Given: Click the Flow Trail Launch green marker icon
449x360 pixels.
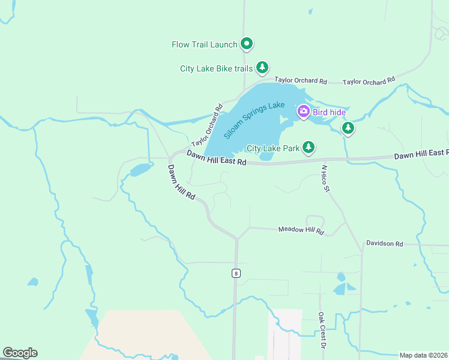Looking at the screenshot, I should coord(246,44).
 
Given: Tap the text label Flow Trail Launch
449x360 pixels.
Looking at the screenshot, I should coord(205,44).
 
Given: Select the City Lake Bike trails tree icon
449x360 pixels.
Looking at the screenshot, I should coord(262,68).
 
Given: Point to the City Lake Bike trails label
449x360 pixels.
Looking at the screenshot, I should coord(216,68).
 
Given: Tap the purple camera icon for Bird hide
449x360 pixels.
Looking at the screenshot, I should coord(303,111).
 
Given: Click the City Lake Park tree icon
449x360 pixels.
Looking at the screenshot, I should coord(309,147).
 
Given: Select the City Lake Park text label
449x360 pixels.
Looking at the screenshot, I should coord(273,148).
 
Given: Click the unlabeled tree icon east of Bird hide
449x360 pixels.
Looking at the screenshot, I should coord(348,127).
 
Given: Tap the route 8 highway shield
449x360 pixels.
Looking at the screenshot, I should coord(236,274).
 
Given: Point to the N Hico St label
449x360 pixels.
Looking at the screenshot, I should coord(326,179).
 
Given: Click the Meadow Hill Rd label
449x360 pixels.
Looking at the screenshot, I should coord(301,230).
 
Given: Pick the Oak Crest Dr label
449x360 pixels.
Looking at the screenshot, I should coord(322,330).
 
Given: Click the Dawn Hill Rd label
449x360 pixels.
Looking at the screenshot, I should coord(182,182).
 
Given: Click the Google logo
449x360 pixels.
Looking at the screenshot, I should coord(20,353).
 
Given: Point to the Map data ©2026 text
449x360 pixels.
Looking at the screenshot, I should coord(424,355).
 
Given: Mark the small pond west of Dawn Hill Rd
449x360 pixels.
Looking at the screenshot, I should coord(140,170).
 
